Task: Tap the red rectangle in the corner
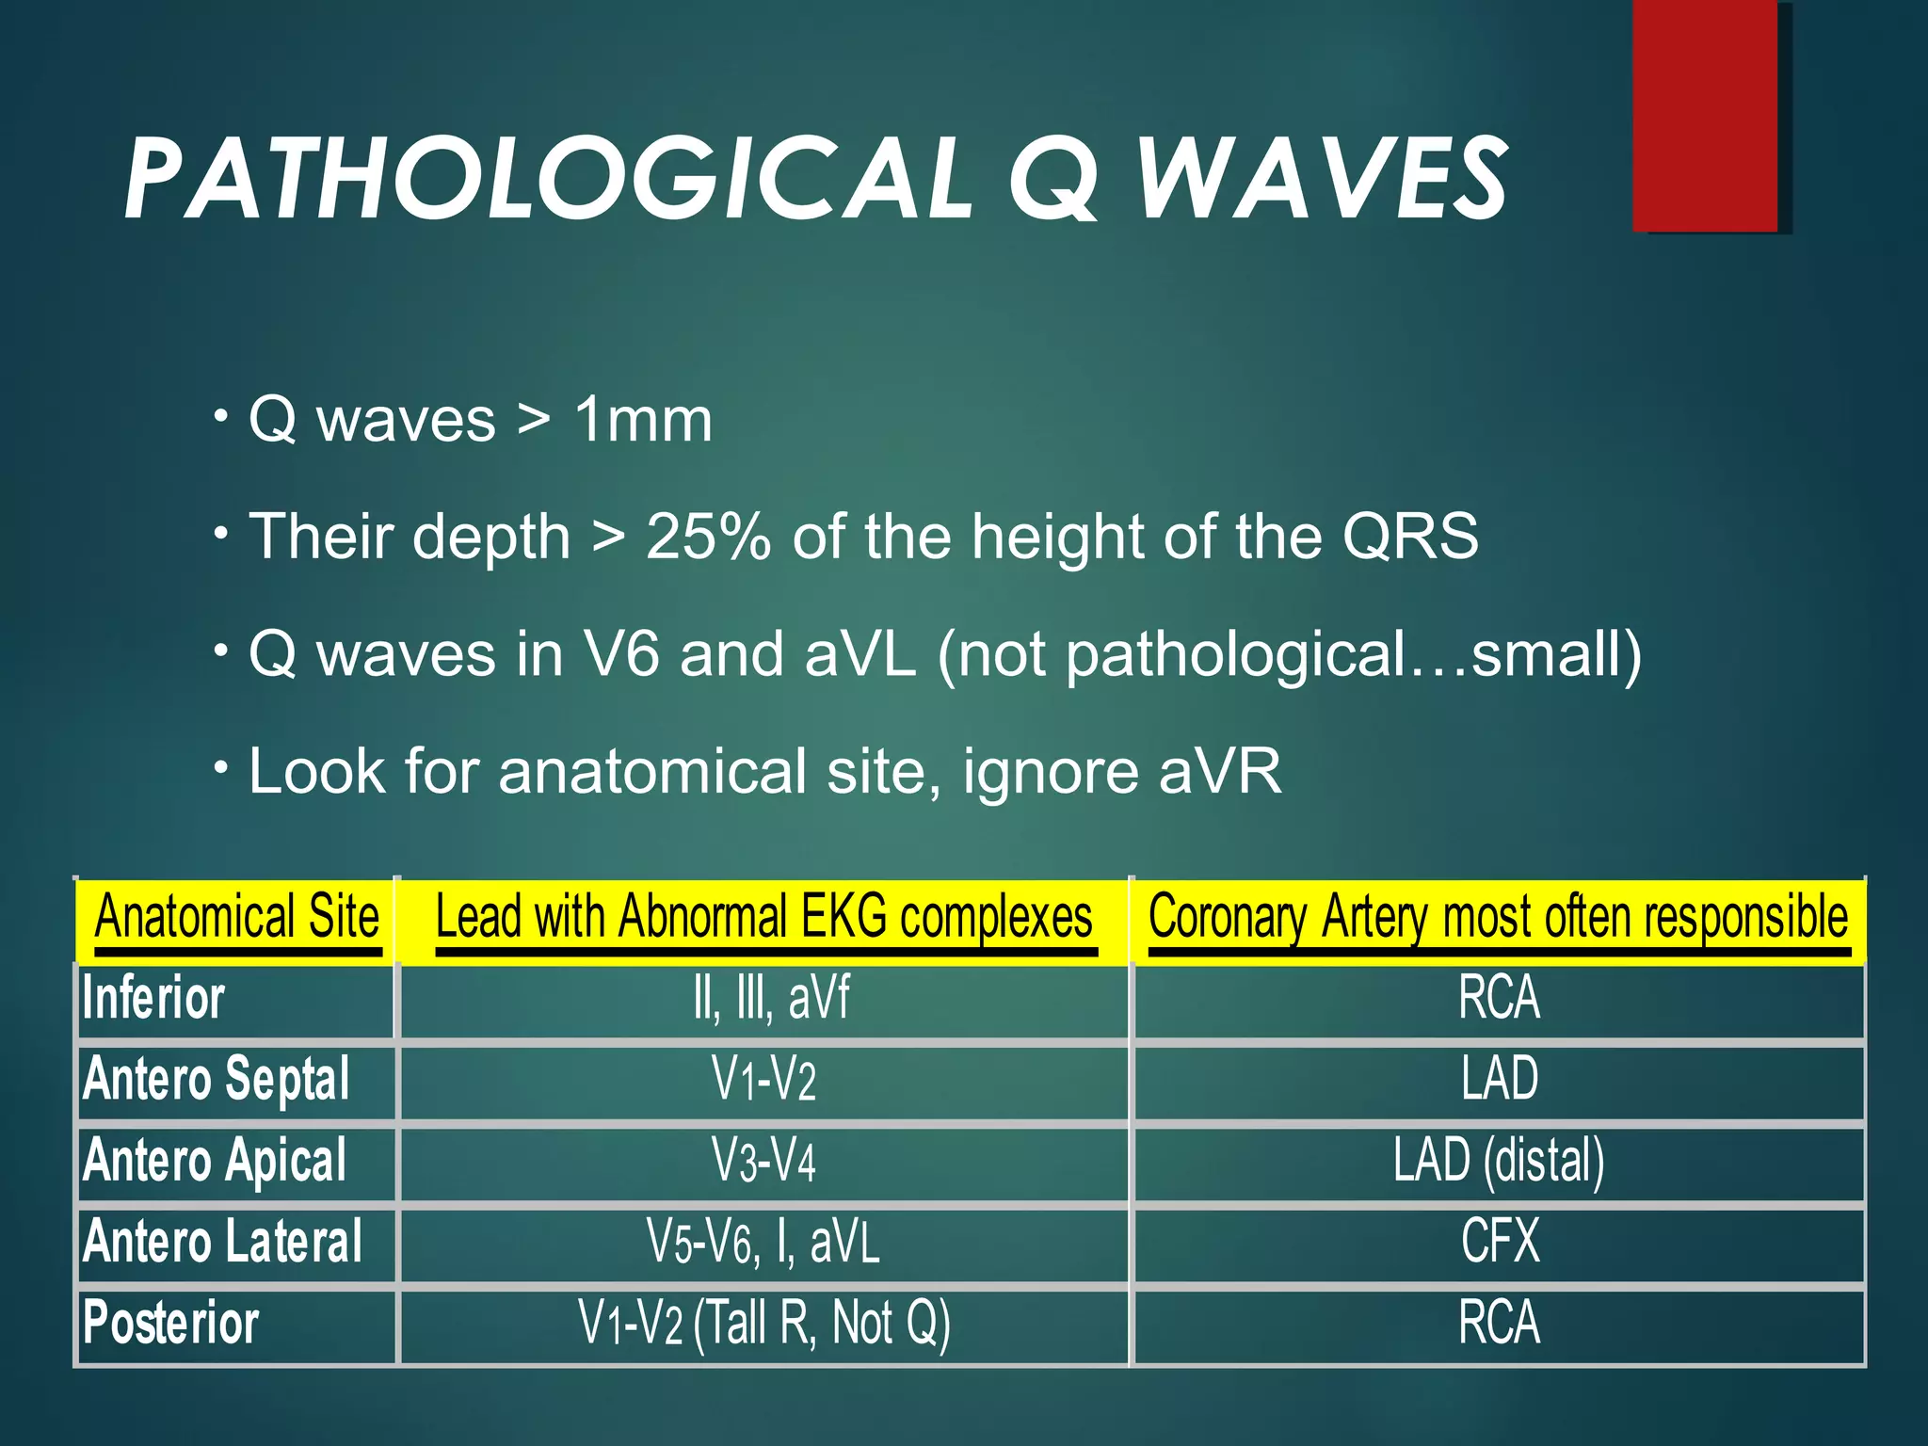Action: point(1705,115)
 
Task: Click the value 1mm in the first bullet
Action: point(643,420)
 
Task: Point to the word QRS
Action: point(1410,537)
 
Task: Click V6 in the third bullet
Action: point(621,654)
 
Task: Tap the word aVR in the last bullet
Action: point(1220,772)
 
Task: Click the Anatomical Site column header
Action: point(236,918)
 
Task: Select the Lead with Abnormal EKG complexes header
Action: point(763,918)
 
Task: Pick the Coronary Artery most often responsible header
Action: point(1498,918)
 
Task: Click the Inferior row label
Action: point(153,998)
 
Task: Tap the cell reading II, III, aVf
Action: point(771,998)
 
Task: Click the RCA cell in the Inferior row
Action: point(1499,998)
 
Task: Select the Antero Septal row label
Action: point(217,1079)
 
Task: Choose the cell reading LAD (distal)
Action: point(1499,1160)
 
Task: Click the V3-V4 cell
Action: point(763,1160)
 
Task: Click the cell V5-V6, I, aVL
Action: point(763,1241)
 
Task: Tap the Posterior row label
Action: point(170,1323)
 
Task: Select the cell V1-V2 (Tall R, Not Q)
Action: point(763,1323)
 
